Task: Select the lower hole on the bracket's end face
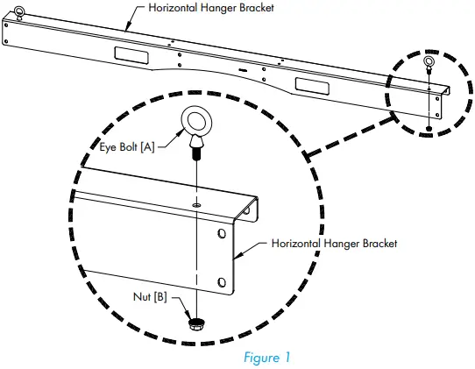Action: [221, 282]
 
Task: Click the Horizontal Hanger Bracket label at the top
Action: [200, 9]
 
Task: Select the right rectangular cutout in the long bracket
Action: [312, 85]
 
